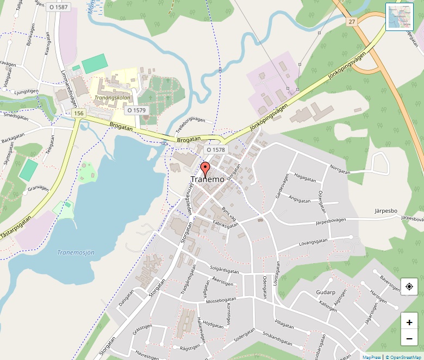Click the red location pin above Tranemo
click(205, 167)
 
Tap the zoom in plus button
click(409, 322)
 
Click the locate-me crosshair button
click(409, 286)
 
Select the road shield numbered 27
click(352, 21)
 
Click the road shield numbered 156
click(79, 113)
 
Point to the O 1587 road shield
click(58, 7)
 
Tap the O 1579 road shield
click(136, 110)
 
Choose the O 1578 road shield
click(215, 150)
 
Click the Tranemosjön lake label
click(76, 252)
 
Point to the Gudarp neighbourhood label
click(326, 292)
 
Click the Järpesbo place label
click(386, 210)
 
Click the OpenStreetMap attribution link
click(403, 357)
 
